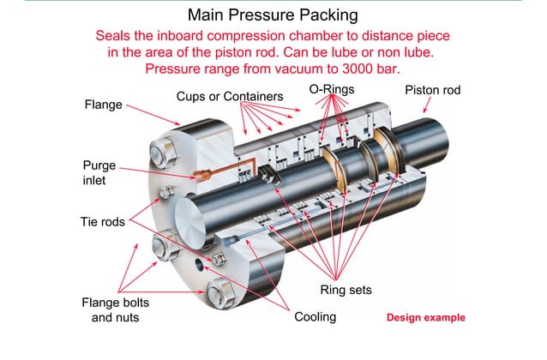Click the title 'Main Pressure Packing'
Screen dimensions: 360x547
[x=273, y=15]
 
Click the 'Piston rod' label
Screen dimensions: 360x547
[x=435, y=90]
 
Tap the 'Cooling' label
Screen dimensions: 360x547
[x=315, y=316]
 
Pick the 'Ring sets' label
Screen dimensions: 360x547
[x=346, y=290]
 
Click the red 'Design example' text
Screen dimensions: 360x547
[x=425, y=317]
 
